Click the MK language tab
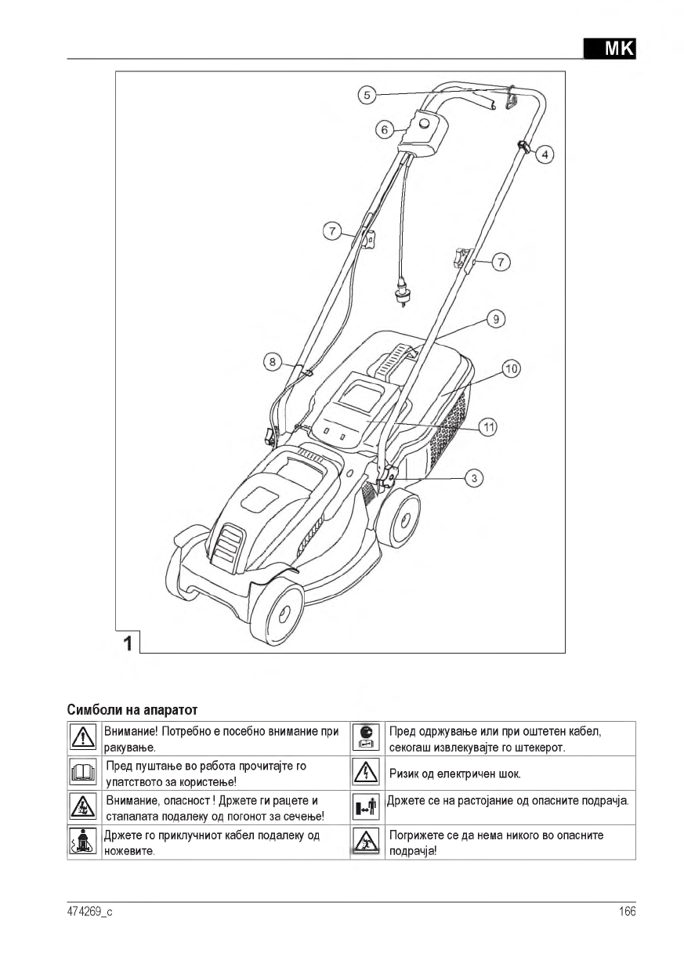pos(610,48)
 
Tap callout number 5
pos(367,96)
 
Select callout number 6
pos(384,129)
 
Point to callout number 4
pos(545,154)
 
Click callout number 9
pos(495,319)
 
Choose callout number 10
pos(511,368)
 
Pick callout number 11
pos(488,427)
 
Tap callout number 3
pos(473,477)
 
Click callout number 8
pos(272,361)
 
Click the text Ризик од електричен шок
pos(455,774)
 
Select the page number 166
pos(626,911)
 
